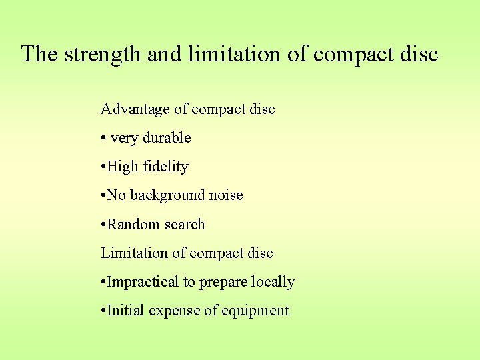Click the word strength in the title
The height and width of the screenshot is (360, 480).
click(x=103, y=54)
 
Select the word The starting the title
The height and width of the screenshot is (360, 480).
click(x=40, y=54)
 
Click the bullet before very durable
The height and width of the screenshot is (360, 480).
click(x=103, y=139)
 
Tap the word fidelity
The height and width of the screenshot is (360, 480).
click(x=165, y=167)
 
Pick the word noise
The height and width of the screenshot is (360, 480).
click(x=226, y=195)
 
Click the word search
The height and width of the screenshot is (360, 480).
click(x=185, y=225)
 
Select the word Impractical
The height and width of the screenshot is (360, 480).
click(x=143, y=282)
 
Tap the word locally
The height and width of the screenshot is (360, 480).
click(x=273, y=282)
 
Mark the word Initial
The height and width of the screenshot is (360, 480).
click(x=126, y=311)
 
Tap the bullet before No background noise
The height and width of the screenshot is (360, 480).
click(x=103, y=196)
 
